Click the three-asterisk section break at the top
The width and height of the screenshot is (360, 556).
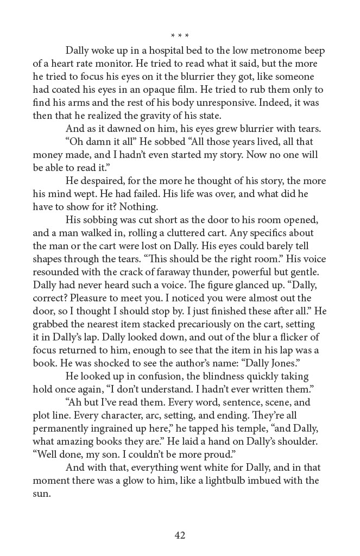pyautogui.click(x=180, y=36)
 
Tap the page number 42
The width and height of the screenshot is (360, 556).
pyautogui.click(x=180, y=535)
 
